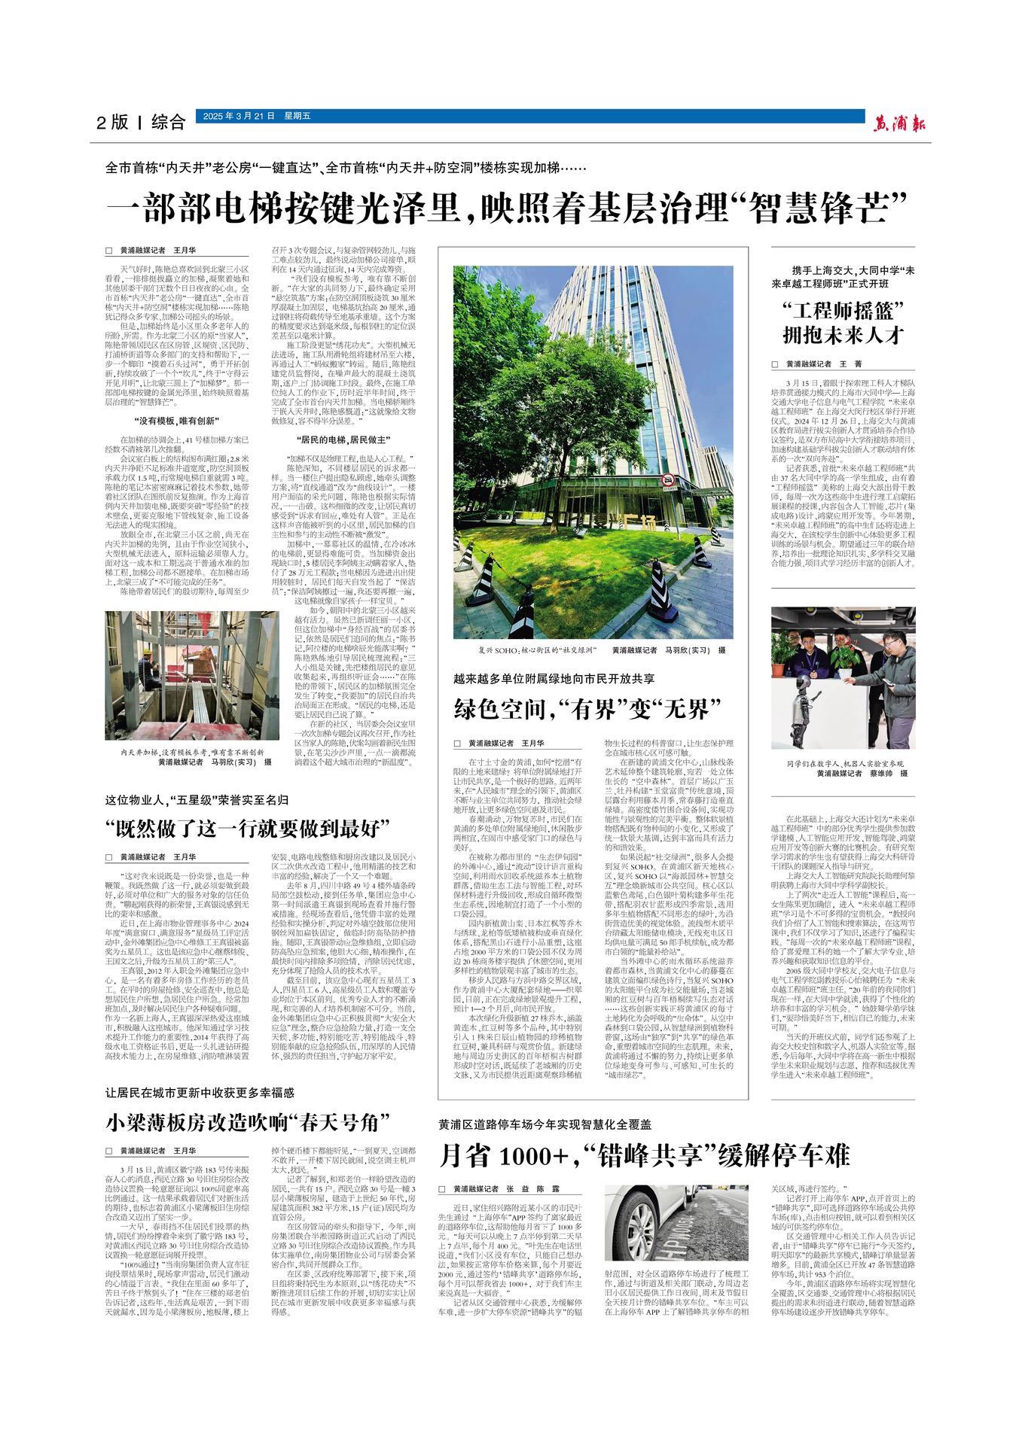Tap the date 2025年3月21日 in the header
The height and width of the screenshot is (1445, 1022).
click(x=236, y=116)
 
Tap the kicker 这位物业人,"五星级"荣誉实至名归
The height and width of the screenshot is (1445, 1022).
click(x=197, y=798)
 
